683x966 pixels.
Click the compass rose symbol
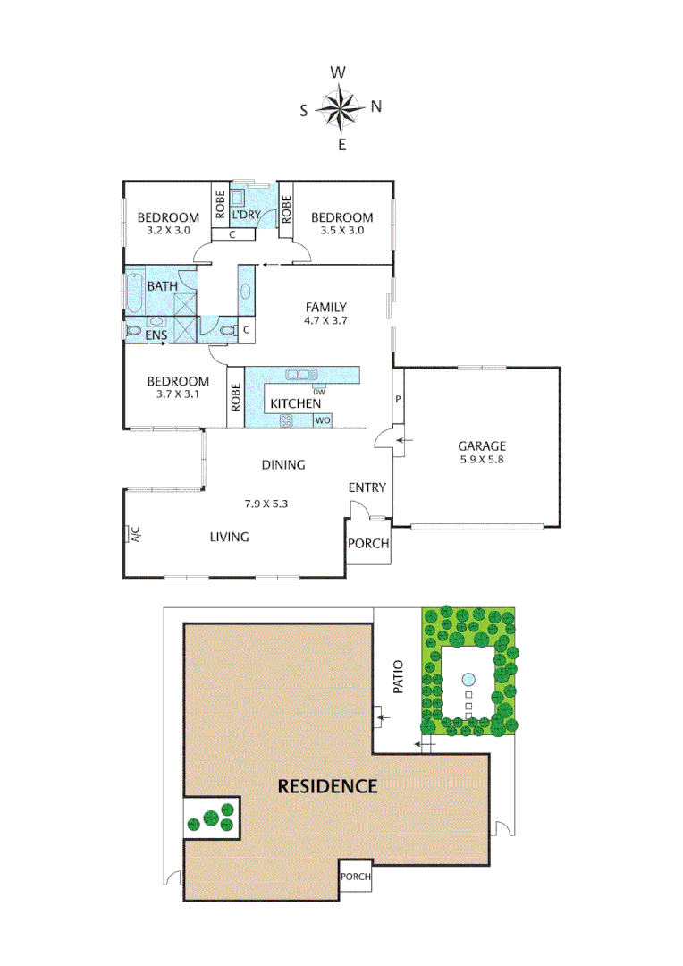point(339,108)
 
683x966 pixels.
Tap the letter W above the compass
point(339,72)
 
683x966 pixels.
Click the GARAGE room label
point(482,445)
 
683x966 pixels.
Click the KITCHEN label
point(296,403)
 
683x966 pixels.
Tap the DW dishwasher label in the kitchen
point(318,391)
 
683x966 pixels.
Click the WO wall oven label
point(323,419)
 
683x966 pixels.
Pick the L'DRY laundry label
point(246,216)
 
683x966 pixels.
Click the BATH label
point(162,286)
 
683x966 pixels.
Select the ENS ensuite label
point(157,335)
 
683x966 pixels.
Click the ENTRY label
point(367,487)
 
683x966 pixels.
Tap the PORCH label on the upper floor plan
point(368,544)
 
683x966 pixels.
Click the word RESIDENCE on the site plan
point(327,787)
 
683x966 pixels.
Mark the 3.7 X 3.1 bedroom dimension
point(178,394)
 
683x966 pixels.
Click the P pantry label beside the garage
point(398,399)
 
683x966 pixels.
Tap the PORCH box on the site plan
point(355,877)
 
